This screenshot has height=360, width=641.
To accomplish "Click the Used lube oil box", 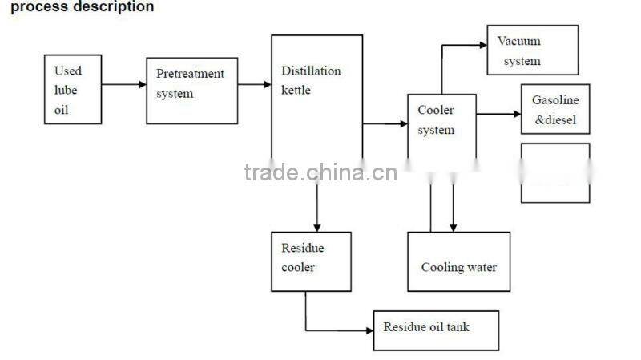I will pyautogui.click(x=72, y=89).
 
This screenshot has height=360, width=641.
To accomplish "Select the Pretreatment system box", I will pyautogui.click(x=191, y=91).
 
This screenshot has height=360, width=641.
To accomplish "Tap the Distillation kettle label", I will pyautogui.click(x=310, y=80).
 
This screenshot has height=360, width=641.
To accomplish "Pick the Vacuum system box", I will pyautogui.click(x=532, y=51).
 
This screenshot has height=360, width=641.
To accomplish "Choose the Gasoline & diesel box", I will pyautogui.click(x=555, y=109).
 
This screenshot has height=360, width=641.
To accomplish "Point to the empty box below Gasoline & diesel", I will pyautogui.click(x=555, y=173).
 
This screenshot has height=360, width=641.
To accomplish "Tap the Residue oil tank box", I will pyautogui.click(x=436, y=330).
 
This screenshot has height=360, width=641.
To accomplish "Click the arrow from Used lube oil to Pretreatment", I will pyautogui.click(x=123, y=84).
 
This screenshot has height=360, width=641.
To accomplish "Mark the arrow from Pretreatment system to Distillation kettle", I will pyautogui.click(x=255, y=84).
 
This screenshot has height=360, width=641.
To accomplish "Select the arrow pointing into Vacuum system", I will pyautogui.click(x=465, y=46).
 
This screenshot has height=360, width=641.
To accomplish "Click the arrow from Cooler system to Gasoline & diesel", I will pyautogui.click(x=498, y=114).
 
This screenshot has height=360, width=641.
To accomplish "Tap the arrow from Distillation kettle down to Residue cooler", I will pyautogui.click(x=317, y=204).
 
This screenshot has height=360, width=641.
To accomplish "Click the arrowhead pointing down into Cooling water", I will pyautogui.click(x=454, y=227).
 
